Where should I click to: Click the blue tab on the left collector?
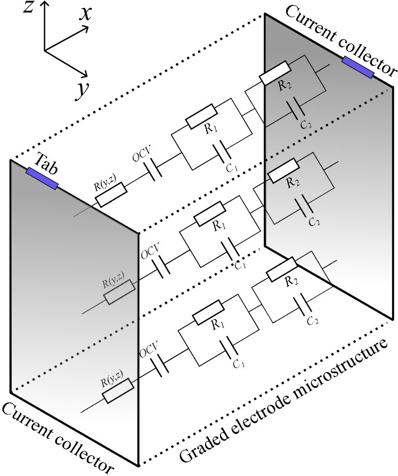42,178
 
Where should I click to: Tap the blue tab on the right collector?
358,67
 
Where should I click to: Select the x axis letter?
85,14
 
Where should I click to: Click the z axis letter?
29,7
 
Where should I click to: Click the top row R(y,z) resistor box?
111,194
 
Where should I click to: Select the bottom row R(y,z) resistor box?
118,390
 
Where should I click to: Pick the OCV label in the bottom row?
149,349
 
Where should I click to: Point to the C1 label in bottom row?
239,363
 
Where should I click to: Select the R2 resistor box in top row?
275,73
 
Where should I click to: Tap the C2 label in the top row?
306,124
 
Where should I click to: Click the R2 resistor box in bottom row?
281,269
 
